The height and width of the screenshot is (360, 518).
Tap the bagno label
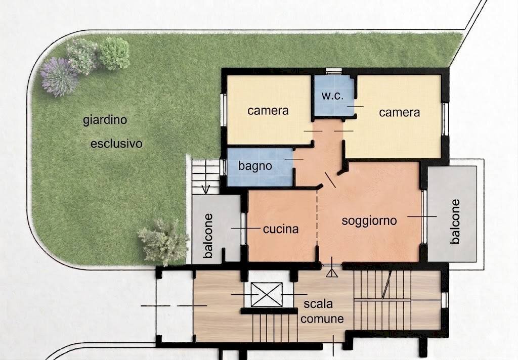click(x=255, y=165)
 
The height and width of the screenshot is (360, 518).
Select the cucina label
click(x=281, y=229)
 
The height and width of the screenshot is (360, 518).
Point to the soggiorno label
click(x=369, y=220)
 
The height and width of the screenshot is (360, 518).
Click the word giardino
click(x=105, y=120)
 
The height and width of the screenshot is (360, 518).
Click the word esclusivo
click(x=116, y=144)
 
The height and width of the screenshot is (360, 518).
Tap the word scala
click(x=318, y=304)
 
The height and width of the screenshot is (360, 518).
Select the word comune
click(x=324, y=319)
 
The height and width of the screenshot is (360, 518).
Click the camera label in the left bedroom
click(x=268, y=110)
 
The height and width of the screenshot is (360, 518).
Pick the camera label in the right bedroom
click(x=400, y=112)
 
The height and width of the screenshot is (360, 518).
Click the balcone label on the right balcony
click(x=455, y=221)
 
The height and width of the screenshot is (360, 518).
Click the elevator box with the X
click(x=266, y=294)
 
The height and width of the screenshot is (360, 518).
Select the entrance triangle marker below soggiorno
click(x=332, y=273)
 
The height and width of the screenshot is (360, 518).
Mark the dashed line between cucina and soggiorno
click(x=318, y=222)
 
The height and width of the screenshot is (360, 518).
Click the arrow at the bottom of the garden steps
click(x=205, y=190)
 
